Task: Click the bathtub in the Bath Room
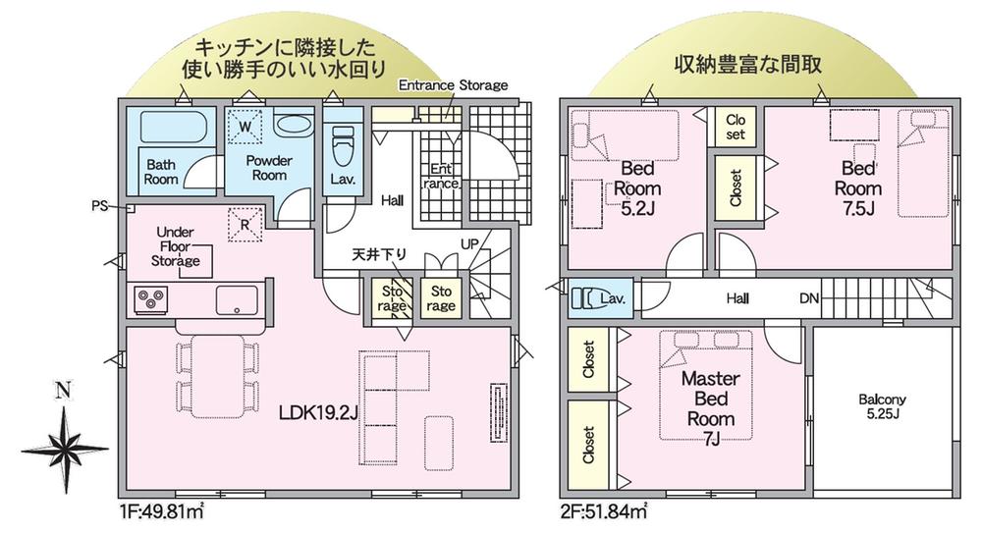pyautogui.click(x=173, y=126)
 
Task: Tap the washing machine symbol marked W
pyautogui.click(x=245, y=127)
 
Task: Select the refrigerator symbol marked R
pyautogui.click(x=245, y=224)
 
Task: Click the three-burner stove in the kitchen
pyautogui.click(x=151, y=299)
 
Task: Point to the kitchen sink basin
pyautogui.click(x=237, y=300)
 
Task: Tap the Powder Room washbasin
pyautogui.click(x=290, y=124)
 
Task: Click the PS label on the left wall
pyautogui.click(x=99, y=205)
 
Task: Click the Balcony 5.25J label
pyautogui.click(x=883, y=406)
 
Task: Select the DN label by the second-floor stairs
pyautogui.click(x=809, y=298)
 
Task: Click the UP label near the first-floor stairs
pyautogui.click(x=469, y=244)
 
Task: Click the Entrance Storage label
pyautogui.click(x=454, y=85)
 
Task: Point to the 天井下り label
pyautogui.click(x=379, y=254)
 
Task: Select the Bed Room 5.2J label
pyautogui.click(x=637, y=187)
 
